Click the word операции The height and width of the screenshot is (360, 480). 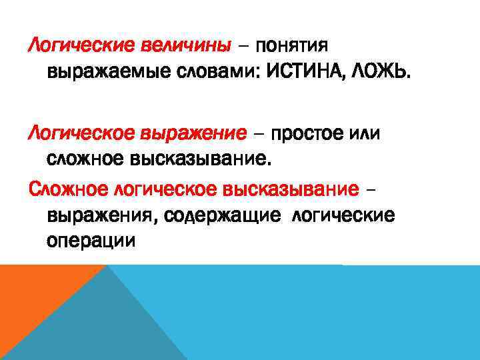(x=91, y=239)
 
